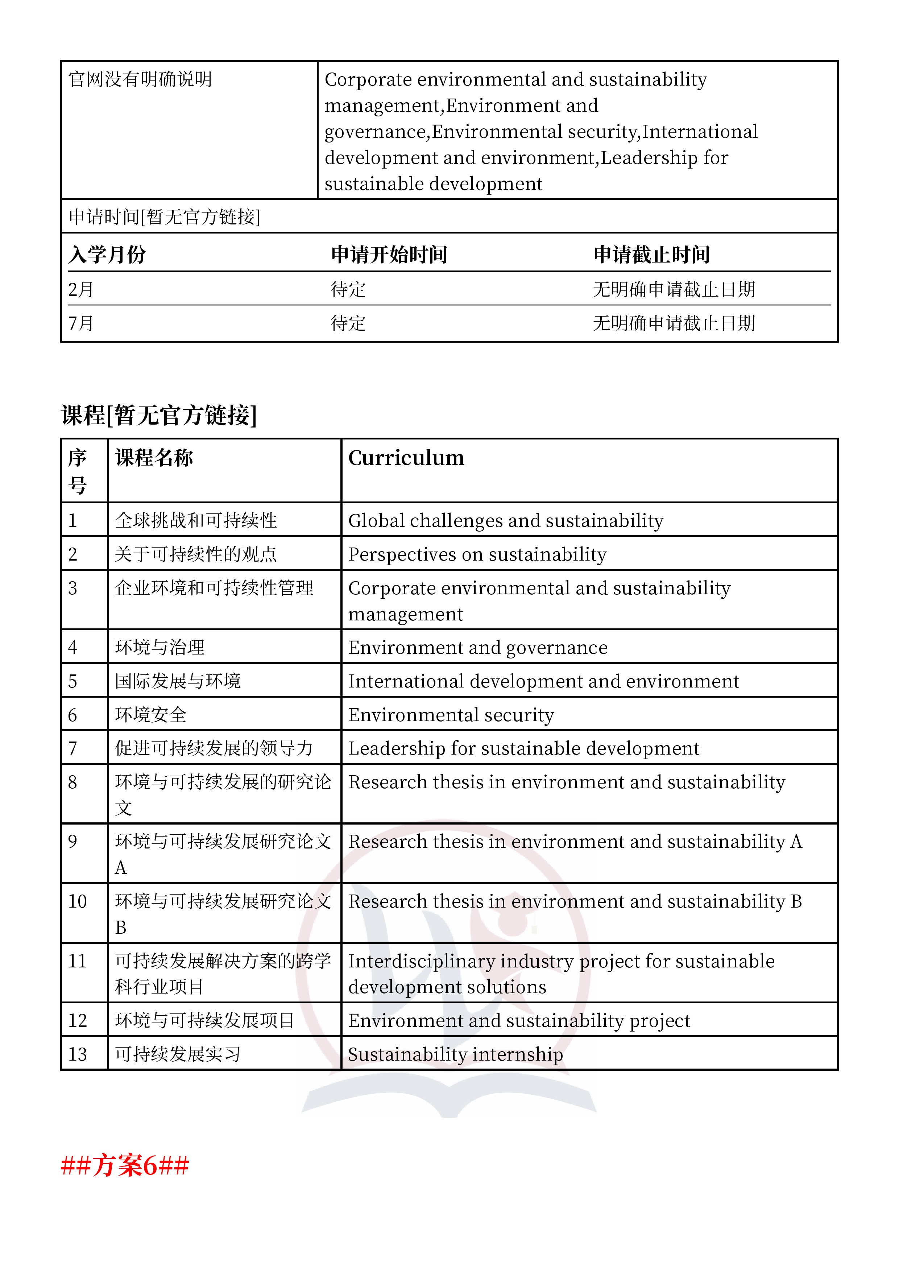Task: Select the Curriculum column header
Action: pos(406,458)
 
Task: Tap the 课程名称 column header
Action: pos(154,458)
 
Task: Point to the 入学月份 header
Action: pos(107,255)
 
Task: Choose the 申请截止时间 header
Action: pos(651,255)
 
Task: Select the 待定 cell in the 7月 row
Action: pos(348,323)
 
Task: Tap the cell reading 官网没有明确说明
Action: pos(140,79)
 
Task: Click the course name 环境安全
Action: pos(151,715)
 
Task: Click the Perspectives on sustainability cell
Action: pos(477,554)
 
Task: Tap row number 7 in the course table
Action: pos(72,748)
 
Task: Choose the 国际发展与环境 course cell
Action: pos(178,681)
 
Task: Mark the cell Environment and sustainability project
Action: pos(519,1020)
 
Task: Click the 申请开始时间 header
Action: pos(389,255)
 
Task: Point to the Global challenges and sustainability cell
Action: pos(506,520)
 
